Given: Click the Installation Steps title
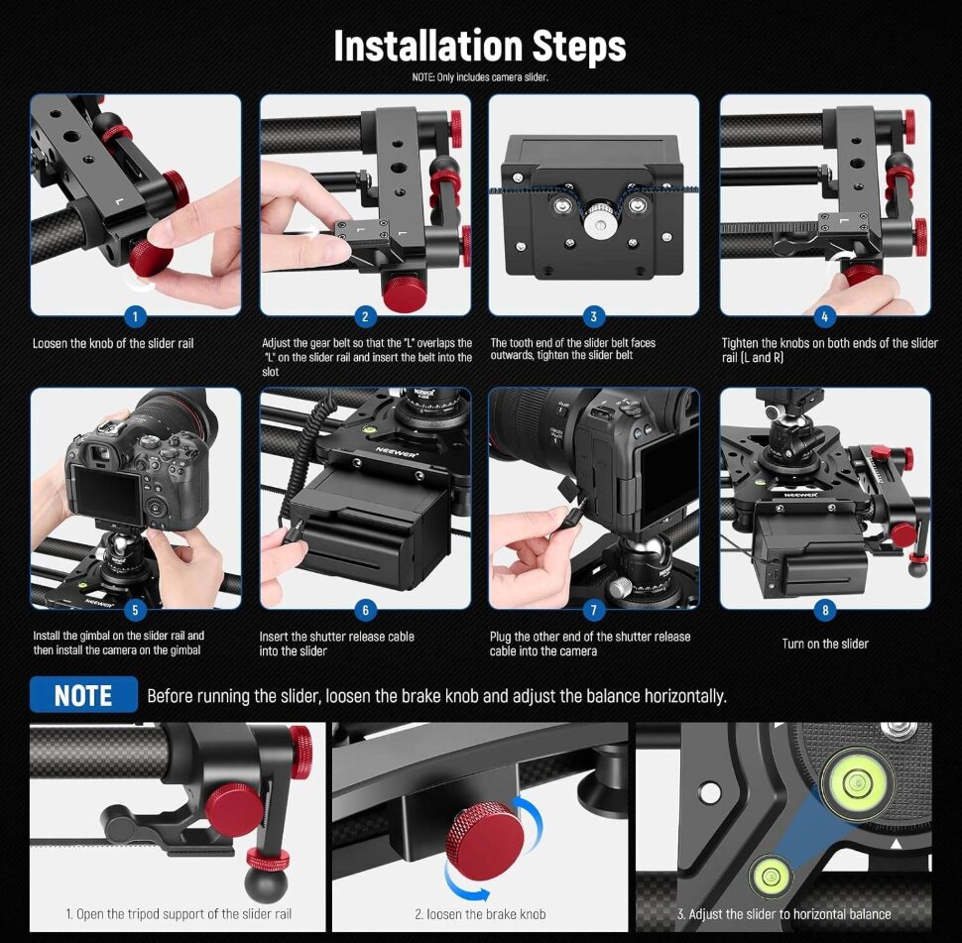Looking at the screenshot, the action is [480, 46].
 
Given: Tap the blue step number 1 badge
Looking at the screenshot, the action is [135, 316].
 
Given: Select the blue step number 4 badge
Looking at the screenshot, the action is [824, 316].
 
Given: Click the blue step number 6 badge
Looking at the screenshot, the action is [365, 610].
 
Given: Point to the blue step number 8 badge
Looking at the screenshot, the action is [824, 610].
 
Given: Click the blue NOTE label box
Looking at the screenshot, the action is [83, 694].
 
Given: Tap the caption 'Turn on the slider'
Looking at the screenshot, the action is [825, 644].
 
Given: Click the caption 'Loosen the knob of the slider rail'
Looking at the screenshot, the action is [113, 343].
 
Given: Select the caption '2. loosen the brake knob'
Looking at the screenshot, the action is [480, 914].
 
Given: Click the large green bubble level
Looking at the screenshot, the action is [855, 781].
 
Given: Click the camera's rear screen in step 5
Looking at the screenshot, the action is [106, 492].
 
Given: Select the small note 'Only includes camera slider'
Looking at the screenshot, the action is [480, 77].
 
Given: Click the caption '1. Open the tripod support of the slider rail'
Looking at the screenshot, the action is [179, 914].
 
